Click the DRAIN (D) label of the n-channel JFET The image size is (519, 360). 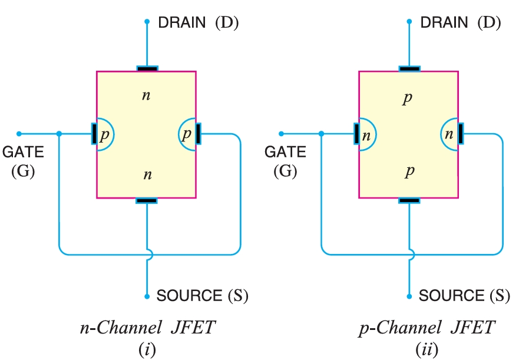click(198, 23)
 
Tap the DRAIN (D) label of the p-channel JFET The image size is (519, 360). click(460, 23)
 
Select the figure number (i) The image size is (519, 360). click(147, 349)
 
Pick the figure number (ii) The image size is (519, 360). click(427, 349)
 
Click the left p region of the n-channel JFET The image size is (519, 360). click(104, 134)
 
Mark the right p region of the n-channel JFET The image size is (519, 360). click(187, 134)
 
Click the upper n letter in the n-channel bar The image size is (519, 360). click(146, 94)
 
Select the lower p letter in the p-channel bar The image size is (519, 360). click(409, 171)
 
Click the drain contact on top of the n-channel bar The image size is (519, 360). click(147, 69)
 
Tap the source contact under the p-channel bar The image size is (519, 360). click(409, 200)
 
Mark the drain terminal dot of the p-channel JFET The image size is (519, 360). click(409, 22)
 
